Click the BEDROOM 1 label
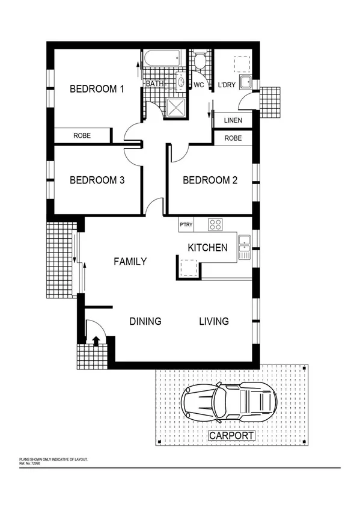pos(97,89)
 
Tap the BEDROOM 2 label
pos(206,180)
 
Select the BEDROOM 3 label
pos(97,180)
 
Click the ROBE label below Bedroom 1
pos(82,136)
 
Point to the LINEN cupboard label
pos(233,120)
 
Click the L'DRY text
pos(226,85)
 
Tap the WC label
pos(199,85)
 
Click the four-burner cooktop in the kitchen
pos(215,224)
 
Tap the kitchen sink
pos(244,247)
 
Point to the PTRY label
pos(186,225)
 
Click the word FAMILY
pos(130,262)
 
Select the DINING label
pos(145,321)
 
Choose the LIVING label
pos(214,321)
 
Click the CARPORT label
pos(231,436)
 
